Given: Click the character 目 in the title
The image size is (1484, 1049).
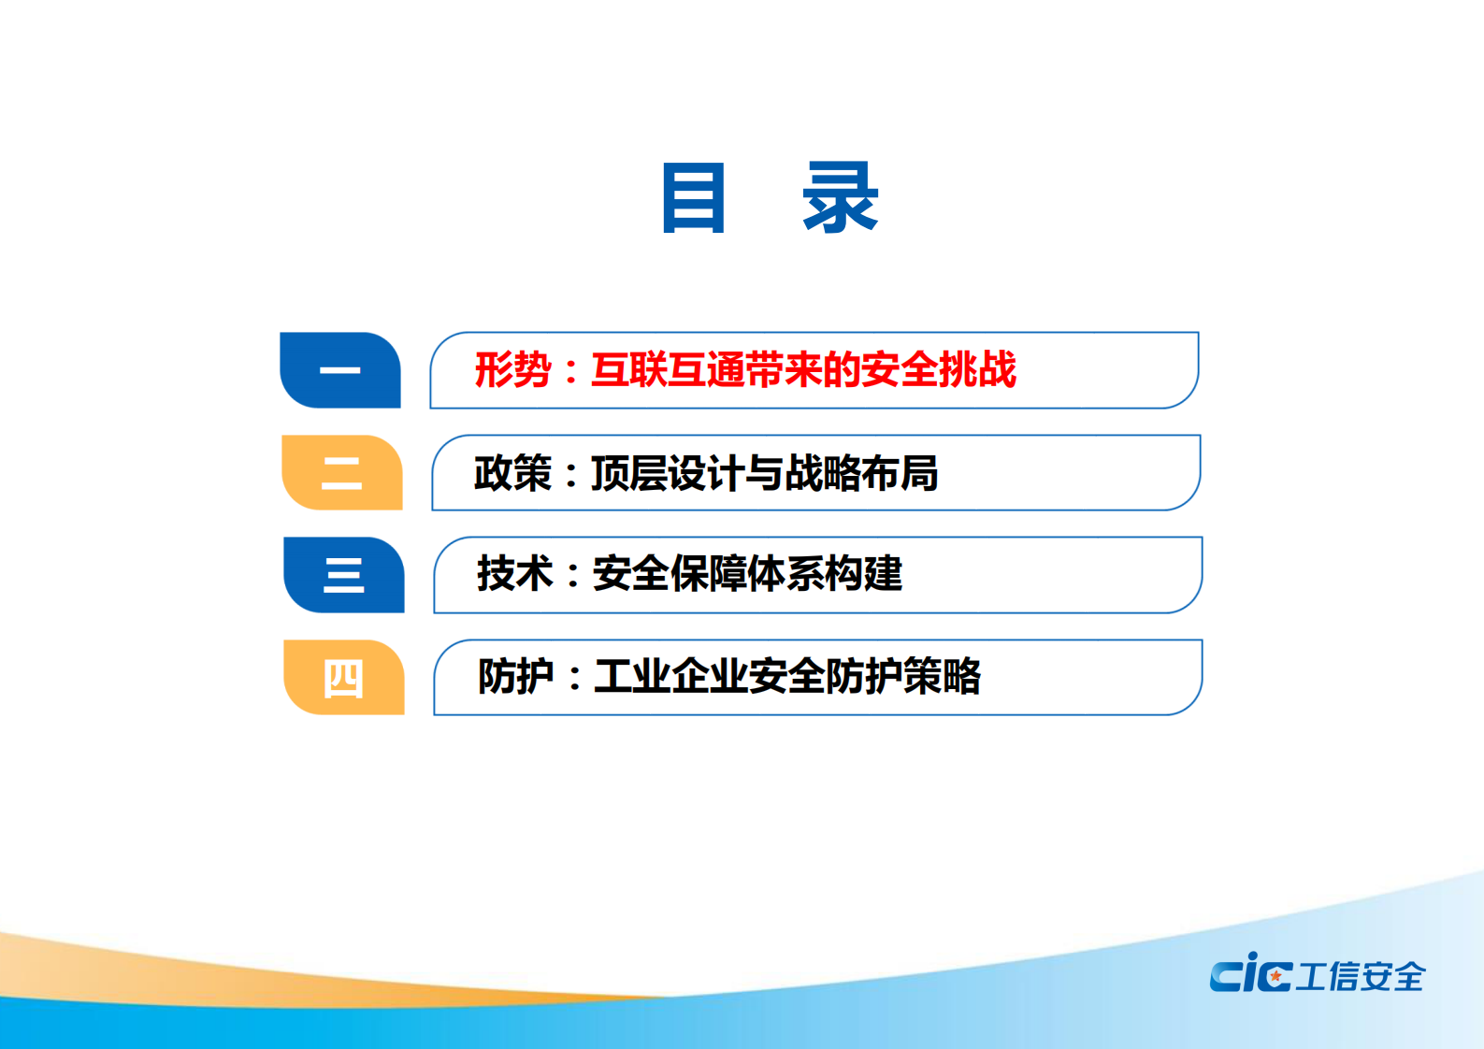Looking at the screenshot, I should pos(693,197).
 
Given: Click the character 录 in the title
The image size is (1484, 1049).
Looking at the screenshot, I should pos(840,197).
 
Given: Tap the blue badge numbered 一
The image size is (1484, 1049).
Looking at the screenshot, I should pos(340,370).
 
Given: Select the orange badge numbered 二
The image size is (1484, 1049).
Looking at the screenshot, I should pos(342,473).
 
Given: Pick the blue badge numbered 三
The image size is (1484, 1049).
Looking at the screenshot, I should pos(344,575).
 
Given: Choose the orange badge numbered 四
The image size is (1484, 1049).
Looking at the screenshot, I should pos(344,678).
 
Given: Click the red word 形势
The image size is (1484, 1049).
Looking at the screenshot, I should pos(512,370).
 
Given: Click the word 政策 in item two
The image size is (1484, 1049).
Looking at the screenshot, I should pos(512,473).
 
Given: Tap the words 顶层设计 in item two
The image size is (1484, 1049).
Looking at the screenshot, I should pos(668,473).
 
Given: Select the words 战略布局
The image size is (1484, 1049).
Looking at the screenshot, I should pos(861,473).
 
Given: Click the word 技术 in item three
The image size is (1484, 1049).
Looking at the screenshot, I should pos(515,574).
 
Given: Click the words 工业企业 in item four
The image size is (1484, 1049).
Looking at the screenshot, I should pos(670,676).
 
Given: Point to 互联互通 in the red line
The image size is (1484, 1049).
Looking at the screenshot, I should pos(668,370).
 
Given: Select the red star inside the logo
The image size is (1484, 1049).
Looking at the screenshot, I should pos(1275,976).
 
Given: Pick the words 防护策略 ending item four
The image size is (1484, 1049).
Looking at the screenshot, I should pos(903,676).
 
